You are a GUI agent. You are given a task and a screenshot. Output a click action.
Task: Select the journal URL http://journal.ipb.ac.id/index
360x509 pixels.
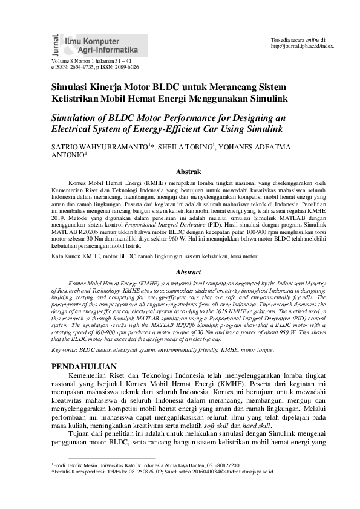tap(302, 46)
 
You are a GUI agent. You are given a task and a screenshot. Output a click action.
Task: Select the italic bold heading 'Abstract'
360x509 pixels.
tap(187, 273)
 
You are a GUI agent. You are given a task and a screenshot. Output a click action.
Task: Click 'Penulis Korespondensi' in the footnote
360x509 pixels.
tap(85, 470)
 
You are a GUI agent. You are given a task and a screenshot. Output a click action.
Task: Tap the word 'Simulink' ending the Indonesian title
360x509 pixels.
tap(264, 98)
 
